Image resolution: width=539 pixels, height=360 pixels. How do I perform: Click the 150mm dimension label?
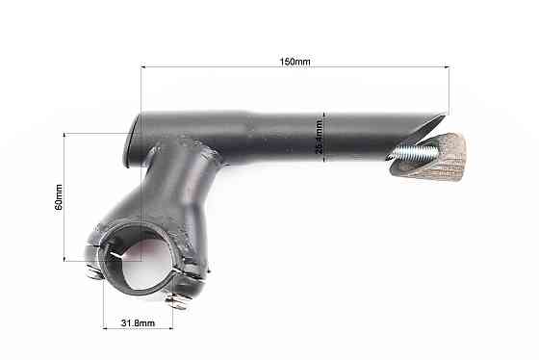point(295,62)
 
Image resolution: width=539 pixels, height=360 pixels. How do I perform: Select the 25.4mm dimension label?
point(319,137)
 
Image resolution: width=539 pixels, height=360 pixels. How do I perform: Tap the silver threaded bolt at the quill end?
point(403,150)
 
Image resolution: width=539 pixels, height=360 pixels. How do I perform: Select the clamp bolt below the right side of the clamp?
point(177,301)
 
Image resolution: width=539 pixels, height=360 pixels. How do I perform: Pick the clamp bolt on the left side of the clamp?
point(93,272)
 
